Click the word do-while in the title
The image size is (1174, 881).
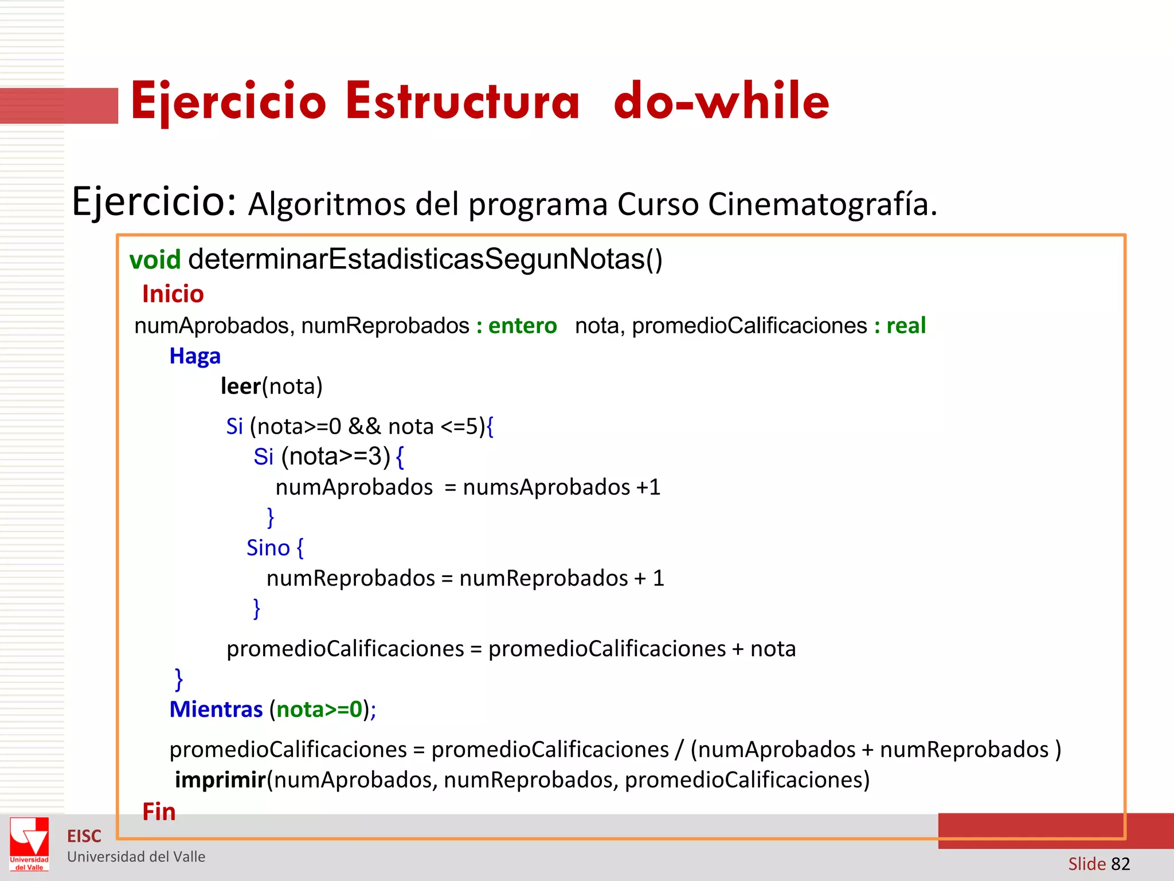pos(721,102)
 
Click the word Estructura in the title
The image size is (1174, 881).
pos(463,102)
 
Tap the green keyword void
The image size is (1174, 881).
pos(155,260)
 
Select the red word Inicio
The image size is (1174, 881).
pos(173,294)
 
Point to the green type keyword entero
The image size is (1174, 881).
pos(522,326)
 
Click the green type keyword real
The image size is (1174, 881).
pos(906,326)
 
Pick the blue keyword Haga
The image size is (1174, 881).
pos(195,356)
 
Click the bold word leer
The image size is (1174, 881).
pos(241,387)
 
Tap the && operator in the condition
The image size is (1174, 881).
pos(365,427)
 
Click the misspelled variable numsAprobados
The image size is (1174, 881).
pos(546,488)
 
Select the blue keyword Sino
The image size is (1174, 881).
pos(268,548)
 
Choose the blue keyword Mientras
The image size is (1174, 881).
pos(216,710)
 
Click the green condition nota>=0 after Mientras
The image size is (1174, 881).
pos(319,710)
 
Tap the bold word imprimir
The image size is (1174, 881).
pos(221,780)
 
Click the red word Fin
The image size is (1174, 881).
pos(159,812)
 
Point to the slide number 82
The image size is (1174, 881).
pos(1120,864)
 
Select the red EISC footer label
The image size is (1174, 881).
pos(84,836)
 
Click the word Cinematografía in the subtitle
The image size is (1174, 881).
pos(822,204)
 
